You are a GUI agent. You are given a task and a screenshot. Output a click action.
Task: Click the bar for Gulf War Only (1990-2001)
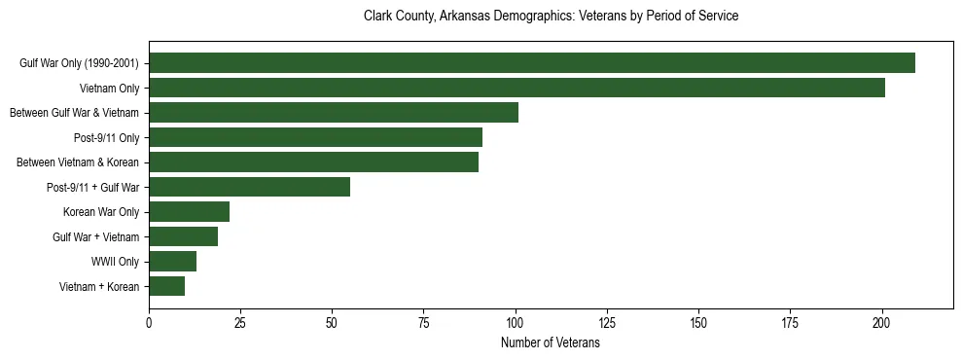(x=531, y=63)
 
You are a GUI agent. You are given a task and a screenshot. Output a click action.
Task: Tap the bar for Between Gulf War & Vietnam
(x=334, y=113)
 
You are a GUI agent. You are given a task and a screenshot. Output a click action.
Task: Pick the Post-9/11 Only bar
(x=315, y=137)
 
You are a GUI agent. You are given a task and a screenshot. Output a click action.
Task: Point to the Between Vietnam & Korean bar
(x=313, y=162)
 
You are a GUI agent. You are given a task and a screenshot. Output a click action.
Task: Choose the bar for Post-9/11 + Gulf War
(x=249, y=187)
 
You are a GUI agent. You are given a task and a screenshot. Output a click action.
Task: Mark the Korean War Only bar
(x=189, y=212)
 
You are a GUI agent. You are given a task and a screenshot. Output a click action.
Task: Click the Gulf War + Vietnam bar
(x=183, y=236)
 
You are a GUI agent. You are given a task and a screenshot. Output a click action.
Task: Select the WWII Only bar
(x=172, y=262)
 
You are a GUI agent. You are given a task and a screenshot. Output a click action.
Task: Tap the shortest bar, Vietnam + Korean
(x=166, y=286)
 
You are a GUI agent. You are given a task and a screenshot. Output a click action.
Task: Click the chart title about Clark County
(x=551, y=17)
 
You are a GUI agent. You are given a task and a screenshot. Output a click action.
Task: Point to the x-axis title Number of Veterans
(x=551, y=343)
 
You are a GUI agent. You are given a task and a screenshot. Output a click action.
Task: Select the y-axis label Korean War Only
(x=101, y=212)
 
